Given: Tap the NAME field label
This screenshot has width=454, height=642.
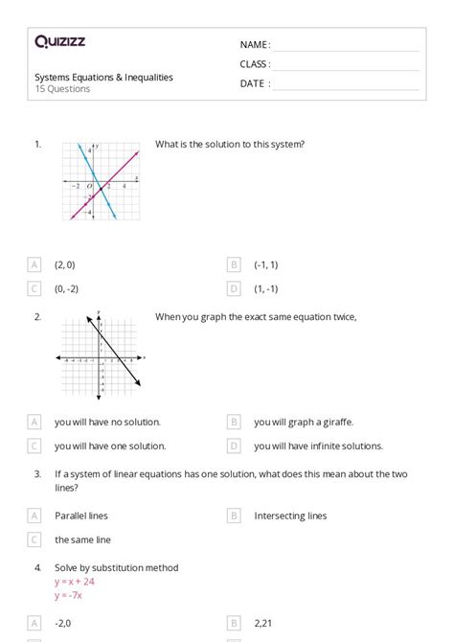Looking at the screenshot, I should pos(255,45).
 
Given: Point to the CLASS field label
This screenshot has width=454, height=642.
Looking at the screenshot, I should pos(255,64).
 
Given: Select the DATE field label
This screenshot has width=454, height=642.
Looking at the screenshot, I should pos(255,83).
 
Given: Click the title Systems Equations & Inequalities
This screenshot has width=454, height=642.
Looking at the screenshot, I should pos(104,78).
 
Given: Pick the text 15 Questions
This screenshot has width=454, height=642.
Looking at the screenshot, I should pos(63,89).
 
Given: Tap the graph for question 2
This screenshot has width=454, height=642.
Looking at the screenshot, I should pos(100,356).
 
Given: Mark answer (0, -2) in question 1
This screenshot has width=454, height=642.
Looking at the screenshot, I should pos(66,288).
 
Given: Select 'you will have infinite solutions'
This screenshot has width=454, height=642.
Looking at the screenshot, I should pos(318,446).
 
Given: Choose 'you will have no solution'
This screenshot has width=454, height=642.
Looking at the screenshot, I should pos(107,422).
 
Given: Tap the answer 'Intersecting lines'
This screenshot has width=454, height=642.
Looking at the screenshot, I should pos(290,516).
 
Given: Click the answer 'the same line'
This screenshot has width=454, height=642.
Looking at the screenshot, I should pos(82,539).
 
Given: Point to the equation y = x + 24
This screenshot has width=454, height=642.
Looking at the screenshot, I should pos(75,581).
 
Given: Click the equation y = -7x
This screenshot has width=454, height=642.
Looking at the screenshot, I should pos(69,594).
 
